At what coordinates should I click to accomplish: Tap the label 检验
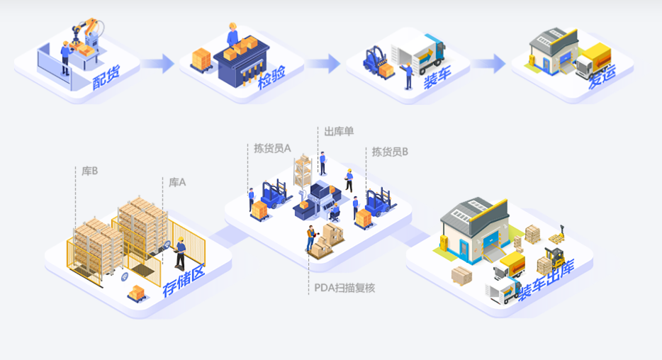tap(271, 80)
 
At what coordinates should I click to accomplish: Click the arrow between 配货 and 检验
tap(157, 64)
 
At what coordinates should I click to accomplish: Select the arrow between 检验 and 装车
tap(322, 64)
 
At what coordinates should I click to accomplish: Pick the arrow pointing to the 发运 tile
tap(488, 64)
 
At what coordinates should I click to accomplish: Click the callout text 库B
tap(89, 171)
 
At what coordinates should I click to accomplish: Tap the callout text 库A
tap(177, 182)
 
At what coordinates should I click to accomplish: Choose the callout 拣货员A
tap(273, 149)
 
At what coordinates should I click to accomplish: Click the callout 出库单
tap(339, 131)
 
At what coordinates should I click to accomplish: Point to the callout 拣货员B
tap(390, 151)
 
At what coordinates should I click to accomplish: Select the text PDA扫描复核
tap(344, 288)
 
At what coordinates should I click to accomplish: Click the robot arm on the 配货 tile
tap(86, 32)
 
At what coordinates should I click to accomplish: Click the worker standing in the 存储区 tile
tap(181, 252)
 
